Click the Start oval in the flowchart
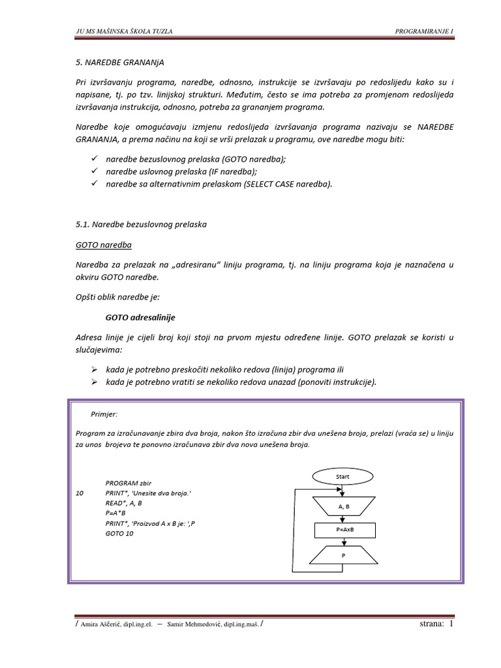[x=342, y=477]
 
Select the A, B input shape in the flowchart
[x=342, y=506]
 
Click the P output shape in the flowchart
[x=342, y=555]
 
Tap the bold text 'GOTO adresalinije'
[x=140, y=318]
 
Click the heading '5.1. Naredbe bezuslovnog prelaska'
[x=141, y=224]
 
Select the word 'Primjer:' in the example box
[x=104, y=414]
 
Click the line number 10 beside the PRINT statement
[x=80, y=494]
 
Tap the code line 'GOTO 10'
[x=119, y=533]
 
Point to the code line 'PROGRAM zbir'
[x=128, y=483]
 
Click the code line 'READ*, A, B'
[x=123, y=504]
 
